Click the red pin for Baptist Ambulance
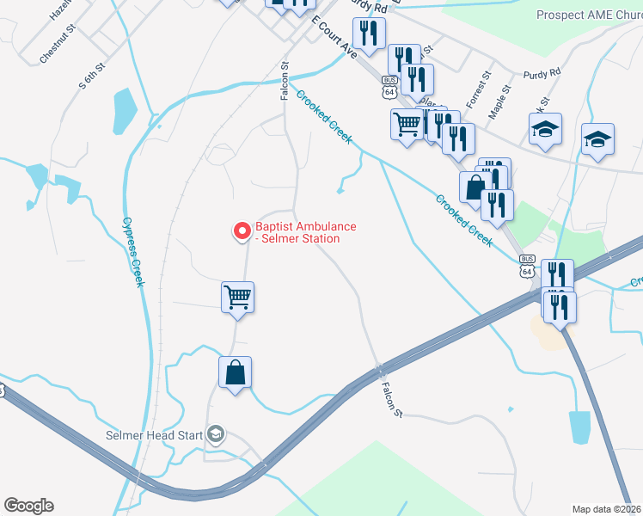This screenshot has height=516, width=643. [x=242, y=230]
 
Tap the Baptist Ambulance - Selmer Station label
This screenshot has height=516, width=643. [x=305, y=232]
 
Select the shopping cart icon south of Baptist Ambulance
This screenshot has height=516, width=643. [x=236, y=298]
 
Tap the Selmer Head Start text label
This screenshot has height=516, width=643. [x=154, y=435]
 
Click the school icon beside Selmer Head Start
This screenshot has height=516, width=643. [x=215, y=434]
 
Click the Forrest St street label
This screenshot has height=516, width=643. [x=478, y=89]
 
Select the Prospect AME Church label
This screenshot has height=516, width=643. [x=589, y=15]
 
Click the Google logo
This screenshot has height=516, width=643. [x=28, y=506]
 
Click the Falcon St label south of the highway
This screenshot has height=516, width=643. [x=392, y=401]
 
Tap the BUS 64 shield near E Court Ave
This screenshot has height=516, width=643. [x=390, y=87]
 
